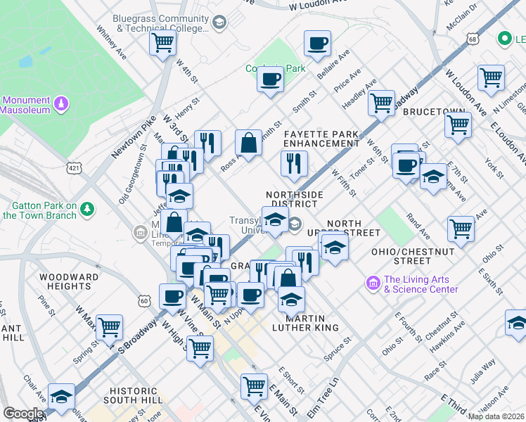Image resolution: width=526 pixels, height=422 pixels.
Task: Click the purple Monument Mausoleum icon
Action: tap(63, 103)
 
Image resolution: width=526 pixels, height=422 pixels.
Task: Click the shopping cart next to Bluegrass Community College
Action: tap(162, 42)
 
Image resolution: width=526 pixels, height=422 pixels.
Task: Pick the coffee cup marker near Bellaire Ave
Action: tap(317, 43)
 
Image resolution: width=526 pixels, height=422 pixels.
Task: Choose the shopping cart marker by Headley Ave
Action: tap(381, 103)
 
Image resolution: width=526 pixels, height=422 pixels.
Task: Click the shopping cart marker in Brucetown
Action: tap(458, 124)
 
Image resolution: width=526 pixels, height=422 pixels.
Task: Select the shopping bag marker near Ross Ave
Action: tap(248, 142)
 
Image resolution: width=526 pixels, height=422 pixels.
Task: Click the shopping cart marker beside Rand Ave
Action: tap(461, 228)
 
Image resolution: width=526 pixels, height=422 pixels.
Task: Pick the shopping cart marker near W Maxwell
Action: tap(110, 326)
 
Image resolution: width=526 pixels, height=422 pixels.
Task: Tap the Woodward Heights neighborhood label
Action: tap(69, 282)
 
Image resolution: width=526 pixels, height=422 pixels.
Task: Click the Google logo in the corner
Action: tap(23, 414)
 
